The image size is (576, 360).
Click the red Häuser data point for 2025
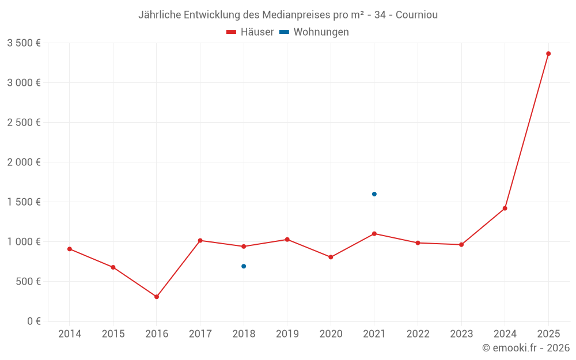tap(548, 54)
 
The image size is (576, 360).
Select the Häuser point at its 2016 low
tap(157, 297)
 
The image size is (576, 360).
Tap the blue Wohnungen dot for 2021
tap(374, 194)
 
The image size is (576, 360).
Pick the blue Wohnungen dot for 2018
tap(244, 266)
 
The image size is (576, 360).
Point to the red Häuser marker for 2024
tap(505, 209)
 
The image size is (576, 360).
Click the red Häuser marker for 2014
tap(70, 249)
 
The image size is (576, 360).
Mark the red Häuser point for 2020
tap(331, 257)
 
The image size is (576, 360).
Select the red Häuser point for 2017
tap(200, 240)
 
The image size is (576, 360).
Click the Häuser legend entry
tap(250, 32)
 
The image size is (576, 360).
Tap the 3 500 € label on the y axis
tap(24, 43)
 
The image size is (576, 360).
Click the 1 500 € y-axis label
tap(24, 202)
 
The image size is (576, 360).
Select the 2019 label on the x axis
tap(287, 334)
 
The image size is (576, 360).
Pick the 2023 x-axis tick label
tap(461, 334)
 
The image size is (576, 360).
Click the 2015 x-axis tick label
tap(113, 334)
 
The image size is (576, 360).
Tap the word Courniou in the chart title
tap(416, 15)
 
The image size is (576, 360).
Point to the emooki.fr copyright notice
tap(525, 348)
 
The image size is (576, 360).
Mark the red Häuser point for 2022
tap(418, 242)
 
